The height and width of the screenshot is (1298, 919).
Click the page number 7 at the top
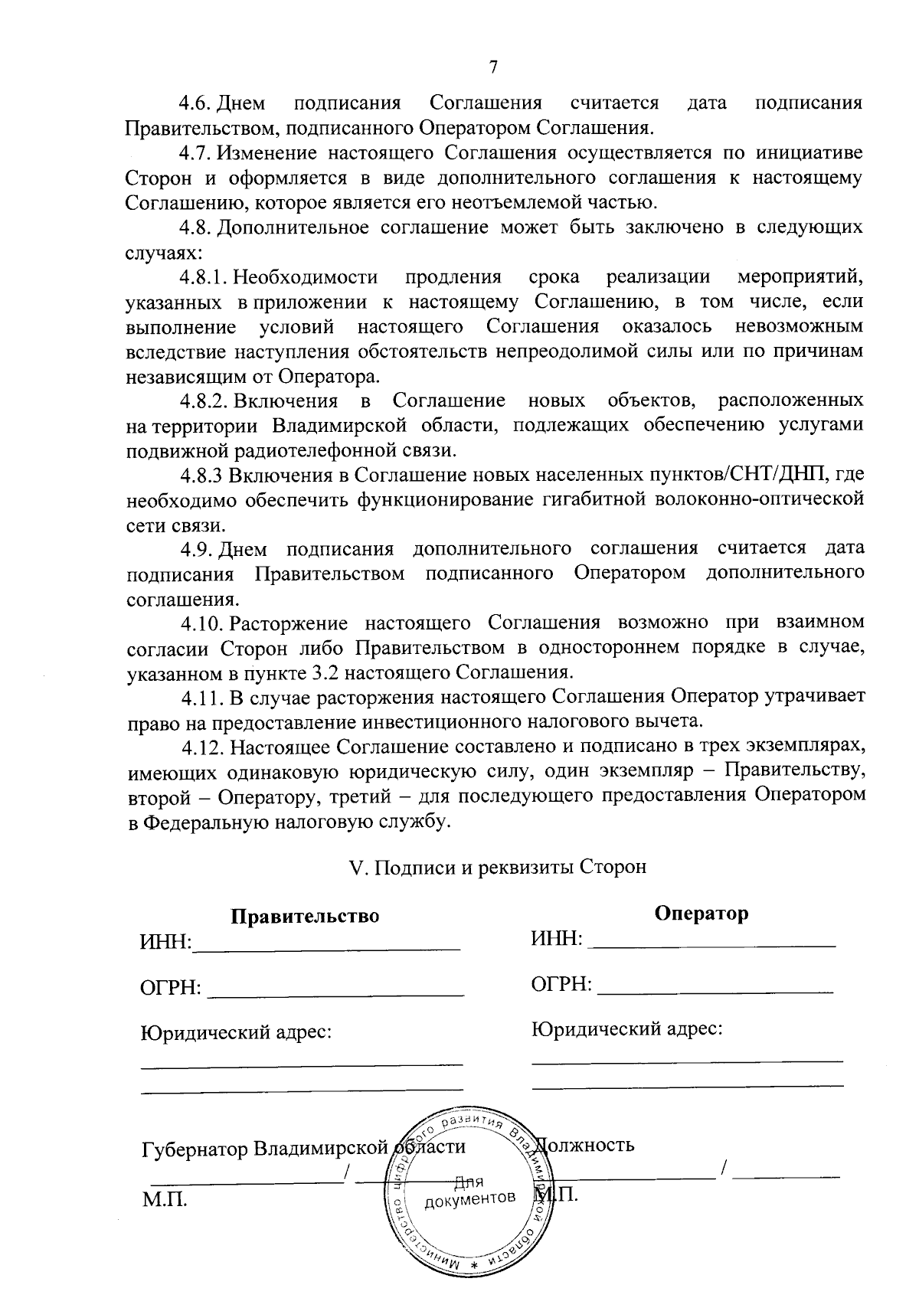click(x=493, y=67)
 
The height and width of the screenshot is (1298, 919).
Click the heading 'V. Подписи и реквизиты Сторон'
click(x=497, y=867)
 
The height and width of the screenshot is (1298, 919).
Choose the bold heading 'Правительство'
click(x=305, y=917)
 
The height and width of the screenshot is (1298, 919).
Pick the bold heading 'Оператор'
click(x=702, y=914)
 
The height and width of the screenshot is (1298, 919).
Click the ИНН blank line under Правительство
click(x=327, y=948)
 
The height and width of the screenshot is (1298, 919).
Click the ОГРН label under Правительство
click(x=170, y=989)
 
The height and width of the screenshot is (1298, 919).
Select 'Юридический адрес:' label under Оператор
click(x=628, y=1029)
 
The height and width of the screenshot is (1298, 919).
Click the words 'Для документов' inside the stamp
click(x=469, y=1189)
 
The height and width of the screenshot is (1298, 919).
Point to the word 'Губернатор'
click(x=195, y=1149)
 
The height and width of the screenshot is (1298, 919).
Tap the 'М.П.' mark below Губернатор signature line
click(x=165, y=1199)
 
